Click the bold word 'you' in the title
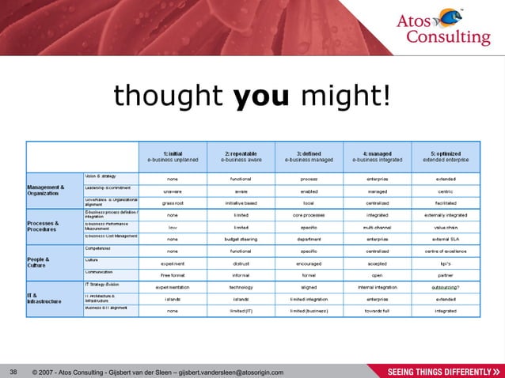point(256,97)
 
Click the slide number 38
point(13,371)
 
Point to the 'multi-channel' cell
point(378,226)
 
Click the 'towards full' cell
point(378,311)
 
